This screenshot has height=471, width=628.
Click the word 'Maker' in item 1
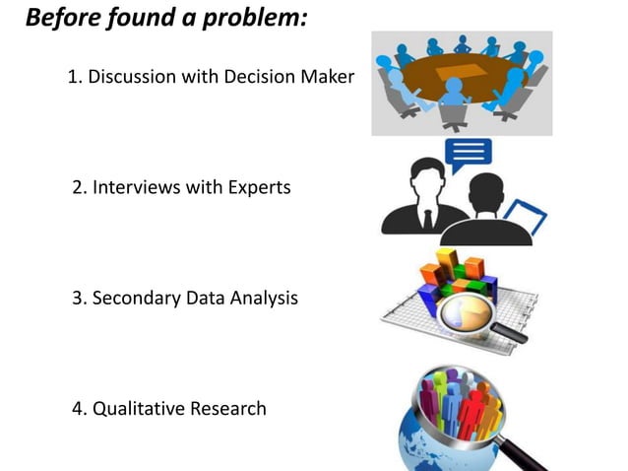325,77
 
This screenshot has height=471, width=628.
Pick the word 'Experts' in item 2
258,186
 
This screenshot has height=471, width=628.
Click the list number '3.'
80,297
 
